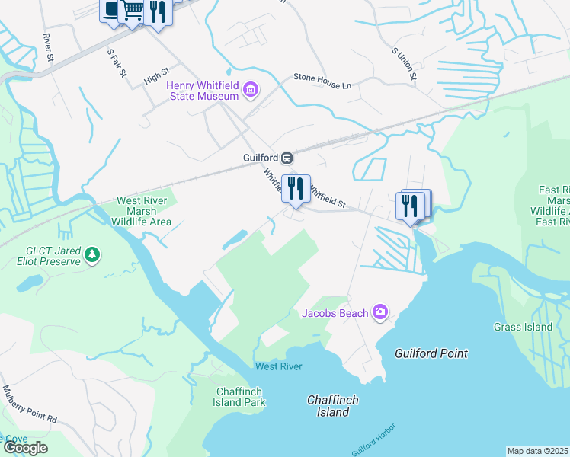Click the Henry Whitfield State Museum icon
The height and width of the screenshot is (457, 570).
pyautogui.click(x=250, y=92)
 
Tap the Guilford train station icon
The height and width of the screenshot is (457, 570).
pyautogui.click(x=287, y=158)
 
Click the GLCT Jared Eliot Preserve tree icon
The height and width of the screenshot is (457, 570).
pyautogui.click(x=92, y=254)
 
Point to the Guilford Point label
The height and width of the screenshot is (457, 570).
pyautogui.click(x=431, y=353)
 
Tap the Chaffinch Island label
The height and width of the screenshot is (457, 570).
pyautogui.click(x=333, y=406)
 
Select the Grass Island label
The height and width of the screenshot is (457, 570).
pyautogui.click(x=523, y=328)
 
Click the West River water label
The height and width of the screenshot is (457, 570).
pyautogui.click(x=278, y=366)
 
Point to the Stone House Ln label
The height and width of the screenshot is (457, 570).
pyautogui.click(x=323, y=78)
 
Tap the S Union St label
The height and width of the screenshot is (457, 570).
pyautogui.click(x=404, y=64)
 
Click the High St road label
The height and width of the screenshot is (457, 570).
pyautogui.click(x=155, y=77)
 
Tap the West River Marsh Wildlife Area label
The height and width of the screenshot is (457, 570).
pyautogui.click(x=143, y=212)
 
